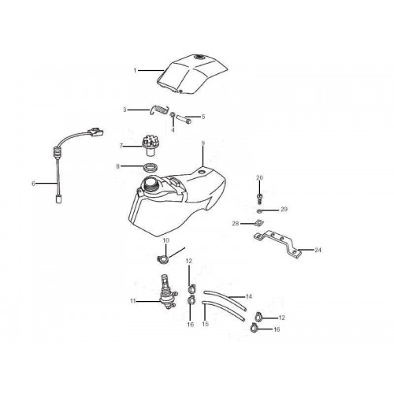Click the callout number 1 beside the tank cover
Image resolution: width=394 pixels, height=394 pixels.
(135, 70)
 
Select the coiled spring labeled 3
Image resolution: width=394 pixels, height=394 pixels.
(159, 110)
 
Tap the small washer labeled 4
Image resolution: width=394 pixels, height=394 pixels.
(173, 115)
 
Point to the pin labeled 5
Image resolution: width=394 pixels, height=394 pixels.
(184, 119)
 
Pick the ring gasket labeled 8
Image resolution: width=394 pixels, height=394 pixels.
(151, 167)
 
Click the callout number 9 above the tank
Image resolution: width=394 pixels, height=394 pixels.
(203, 143)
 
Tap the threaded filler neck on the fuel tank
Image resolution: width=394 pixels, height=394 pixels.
(151, 184)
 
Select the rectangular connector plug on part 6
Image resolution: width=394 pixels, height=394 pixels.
(95, 131)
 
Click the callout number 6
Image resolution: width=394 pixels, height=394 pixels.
(33, 184)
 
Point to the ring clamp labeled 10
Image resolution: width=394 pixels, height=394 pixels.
(163, 260)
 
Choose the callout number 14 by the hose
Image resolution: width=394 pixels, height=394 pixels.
(248, 296)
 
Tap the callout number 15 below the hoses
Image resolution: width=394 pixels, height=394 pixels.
(206, 324)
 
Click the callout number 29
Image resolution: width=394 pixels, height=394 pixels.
(284, 210)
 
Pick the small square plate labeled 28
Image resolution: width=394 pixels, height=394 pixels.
(258, 223)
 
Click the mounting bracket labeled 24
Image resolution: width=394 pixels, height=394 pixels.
(277, 243)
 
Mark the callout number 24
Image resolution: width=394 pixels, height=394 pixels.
(318, 250)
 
